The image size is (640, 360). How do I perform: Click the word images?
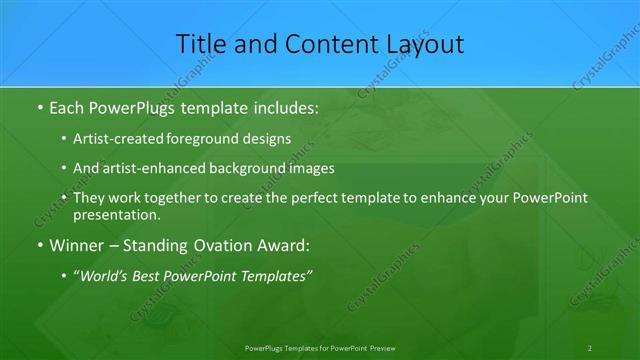click(x=310, y=169)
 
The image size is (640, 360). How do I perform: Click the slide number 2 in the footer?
click(x=590, y=348)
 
